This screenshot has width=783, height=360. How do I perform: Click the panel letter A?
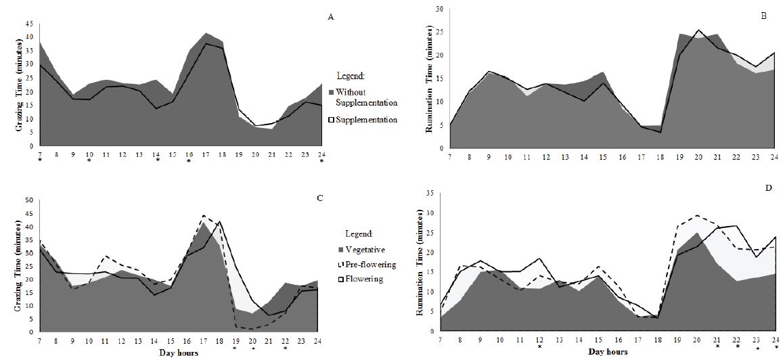(330, 18)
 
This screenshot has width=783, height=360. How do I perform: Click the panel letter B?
(763, 14)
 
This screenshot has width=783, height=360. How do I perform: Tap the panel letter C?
(330, 198)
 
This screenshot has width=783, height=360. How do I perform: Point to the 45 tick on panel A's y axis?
(29, 23)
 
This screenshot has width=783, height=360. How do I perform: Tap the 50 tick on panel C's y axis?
(29, 200)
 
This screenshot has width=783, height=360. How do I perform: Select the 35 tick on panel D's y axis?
(428, 192)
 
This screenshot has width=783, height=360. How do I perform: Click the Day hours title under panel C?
(178, 353)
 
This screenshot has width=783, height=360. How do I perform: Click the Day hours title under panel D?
(607, 351)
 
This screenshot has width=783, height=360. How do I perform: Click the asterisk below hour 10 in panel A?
(89, 161)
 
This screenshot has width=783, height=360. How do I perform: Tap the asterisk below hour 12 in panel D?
(539, 347)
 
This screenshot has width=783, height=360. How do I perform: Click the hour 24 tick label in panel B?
(774, 157)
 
